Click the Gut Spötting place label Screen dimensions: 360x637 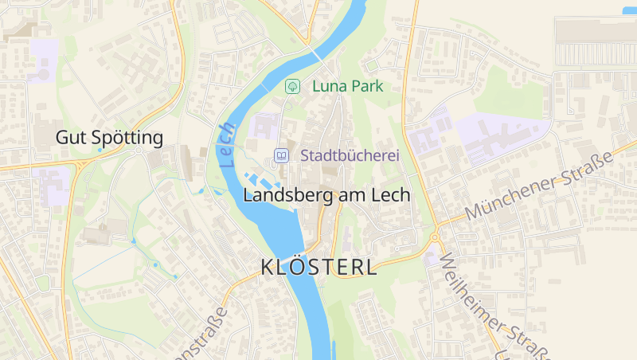[109, 138]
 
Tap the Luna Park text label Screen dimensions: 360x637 [348, 86]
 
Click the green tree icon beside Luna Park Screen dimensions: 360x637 [293, 85]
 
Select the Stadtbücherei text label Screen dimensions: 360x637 [350, 155]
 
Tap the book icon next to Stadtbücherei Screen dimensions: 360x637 [281, 155]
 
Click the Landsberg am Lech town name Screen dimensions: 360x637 [326, 195]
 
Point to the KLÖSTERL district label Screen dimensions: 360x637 [319, 268]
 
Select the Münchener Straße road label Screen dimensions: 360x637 [539, 185]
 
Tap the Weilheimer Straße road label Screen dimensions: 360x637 [494, 307]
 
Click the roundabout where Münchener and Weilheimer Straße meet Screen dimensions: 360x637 [435, 237]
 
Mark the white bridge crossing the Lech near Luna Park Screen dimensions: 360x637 [318, 56]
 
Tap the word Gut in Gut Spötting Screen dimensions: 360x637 [68, 138]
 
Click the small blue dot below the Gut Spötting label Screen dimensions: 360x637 [99, 150]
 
